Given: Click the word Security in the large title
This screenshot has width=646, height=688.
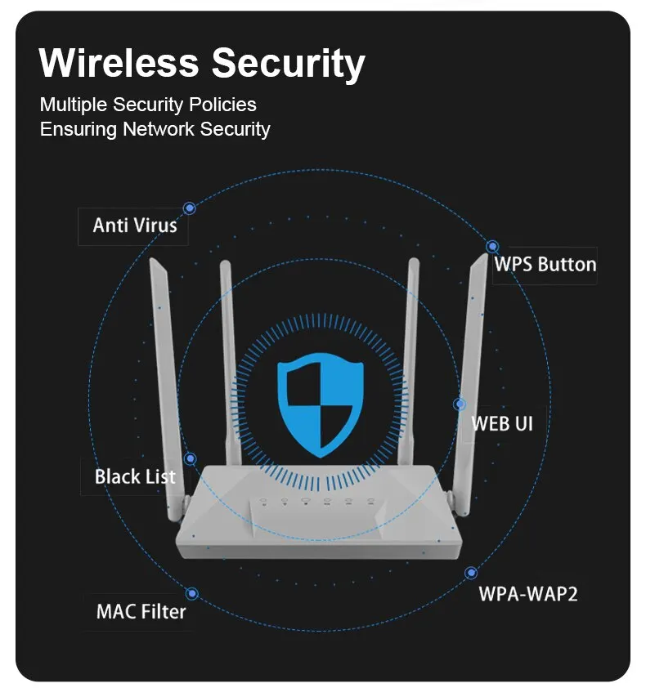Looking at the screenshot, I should click(x=289, y=65).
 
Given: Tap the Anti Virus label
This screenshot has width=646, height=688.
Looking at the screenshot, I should click(x=134, y=226).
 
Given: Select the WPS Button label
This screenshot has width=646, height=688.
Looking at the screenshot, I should click(x=545, y=265).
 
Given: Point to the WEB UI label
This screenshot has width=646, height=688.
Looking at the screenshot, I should click(x=501, y=423).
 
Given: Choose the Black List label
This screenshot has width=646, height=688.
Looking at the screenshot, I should click(x=135, y=476).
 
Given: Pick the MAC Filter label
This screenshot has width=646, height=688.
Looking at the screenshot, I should click(x=141, y=611).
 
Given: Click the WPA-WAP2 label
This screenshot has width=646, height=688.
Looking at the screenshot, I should click(x=527, y=594).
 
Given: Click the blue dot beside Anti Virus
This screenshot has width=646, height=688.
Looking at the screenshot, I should click(x=190, y=208).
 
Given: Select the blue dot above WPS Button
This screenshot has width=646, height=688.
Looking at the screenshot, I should click(x=492, y=246).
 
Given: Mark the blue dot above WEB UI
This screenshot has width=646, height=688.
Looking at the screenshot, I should click(x=460, y=404).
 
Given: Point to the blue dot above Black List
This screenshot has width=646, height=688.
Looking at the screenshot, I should click(x=190, y=459).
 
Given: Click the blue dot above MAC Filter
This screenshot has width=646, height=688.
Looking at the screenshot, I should click(x=192, y=594).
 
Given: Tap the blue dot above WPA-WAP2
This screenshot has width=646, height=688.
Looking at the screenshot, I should click(x=470, y=574).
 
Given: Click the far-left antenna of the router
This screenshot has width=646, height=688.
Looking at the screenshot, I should click(x=164, y=368).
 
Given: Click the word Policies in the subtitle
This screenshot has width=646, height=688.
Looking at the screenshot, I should click(x=223, y=105).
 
